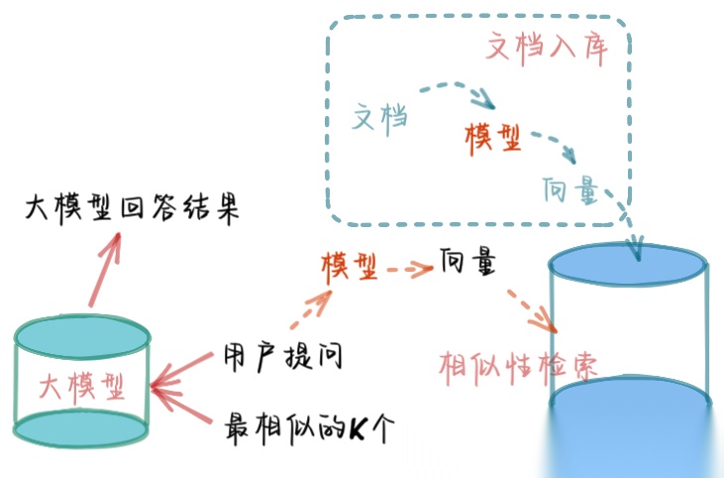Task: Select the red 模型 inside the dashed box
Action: [x=493, y=138]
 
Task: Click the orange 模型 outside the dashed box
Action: [x=349, y=266]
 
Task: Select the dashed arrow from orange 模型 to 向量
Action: [x=407, y=266]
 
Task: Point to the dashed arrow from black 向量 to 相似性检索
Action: [x=530, y=307]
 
